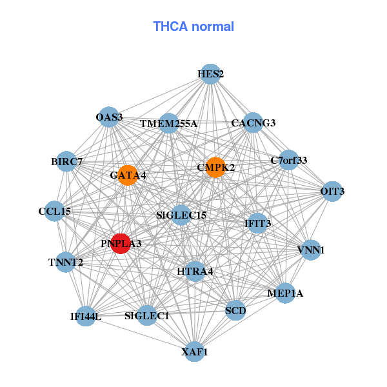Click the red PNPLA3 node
121,244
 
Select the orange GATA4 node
128,175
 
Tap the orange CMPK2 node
215,167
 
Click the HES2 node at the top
210,74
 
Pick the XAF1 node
195,352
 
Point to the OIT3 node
332,192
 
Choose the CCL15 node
55,212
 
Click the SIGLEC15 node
181,215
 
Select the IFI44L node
85,316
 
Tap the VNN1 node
311,250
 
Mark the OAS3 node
109,117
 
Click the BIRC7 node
66,162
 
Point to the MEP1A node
285,293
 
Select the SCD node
235,310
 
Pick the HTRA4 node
195,272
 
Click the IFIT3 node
257,223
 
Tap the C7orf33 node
289,160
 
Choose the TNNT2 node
66,262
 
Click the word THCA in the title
170,26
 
